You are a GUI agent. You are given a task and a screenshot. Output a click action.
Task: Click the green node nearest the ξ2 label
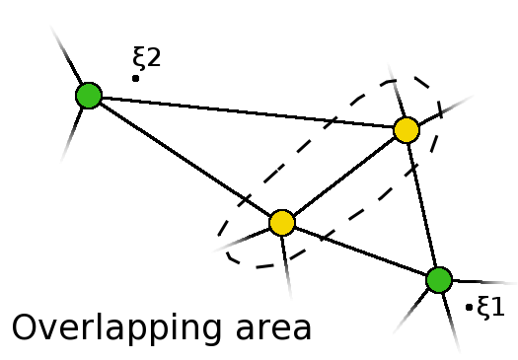pos(89,95)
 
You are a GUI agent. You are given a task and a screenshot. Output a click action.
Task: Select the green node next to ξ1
pos(439,279)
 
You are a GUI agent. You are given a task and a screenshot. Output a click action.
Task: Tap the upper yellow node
pos(406,129)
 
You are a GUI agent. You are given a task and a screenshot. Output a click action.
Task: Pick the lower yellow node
pos(281,223)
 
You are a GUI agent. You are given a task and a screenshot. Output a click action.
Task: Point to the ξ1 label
pos(490,307)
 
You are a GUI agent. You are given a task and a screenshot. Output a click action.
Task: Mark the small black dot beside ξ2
pos(135,77)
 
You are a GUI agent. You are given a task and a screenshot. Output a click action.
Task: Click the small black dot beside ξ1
pos(469,308)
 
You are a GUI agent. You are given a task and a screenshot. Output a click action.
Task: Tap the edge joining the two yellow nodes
pos(343,177)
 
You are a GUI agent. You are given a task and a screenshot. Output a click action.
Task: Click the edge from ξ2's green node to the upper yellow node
pos(247,111)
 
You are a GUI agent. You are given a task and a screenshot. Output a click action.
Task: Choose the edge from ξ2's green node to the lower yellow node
pos(185,159)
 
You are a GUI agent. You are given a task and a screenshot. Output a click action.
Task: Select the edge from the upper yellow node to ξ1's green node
pos(422,204)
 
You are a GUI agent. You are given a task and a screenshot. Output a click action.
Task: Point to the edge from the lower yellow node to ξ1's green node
pos(360,252)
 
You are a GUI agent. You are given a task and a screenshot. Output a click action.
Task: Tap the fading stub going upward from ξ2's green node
pos(67,57)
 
